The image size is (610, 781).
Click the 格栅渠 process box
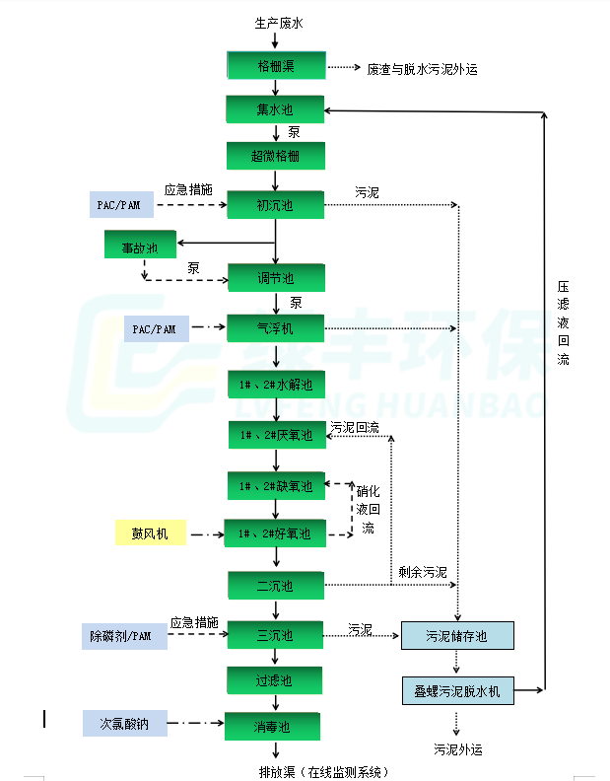(275, 67)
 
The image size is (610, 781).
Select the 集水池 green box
(275, 108)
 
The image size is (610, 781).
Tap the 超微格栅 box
(275, 156)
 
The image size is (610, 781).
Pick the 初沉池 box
(275, 205)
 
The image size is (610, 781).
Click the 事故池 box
(139, 247)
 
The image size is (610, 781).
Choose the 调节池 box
(275, 278)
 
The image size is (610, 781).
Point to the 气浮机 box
(275, 328)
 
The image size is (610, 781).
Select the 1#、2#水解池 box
(275, 384)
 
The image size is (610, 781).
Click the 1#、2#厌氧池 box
(275, 434)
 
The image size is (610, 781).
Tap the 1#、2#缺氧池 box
(275, 485)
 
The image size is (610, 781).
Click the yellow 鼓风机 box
(150, 533)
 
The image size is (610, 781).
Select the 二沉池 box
(275, 586)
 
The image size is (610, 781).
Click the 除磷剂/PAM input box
(124, 636)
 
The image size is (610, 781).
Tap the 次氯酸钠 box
(124, 724)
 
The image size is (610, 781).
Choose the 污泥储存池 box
(457, 636)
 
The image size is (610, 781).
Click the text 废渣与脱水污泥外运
(422, 69)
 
